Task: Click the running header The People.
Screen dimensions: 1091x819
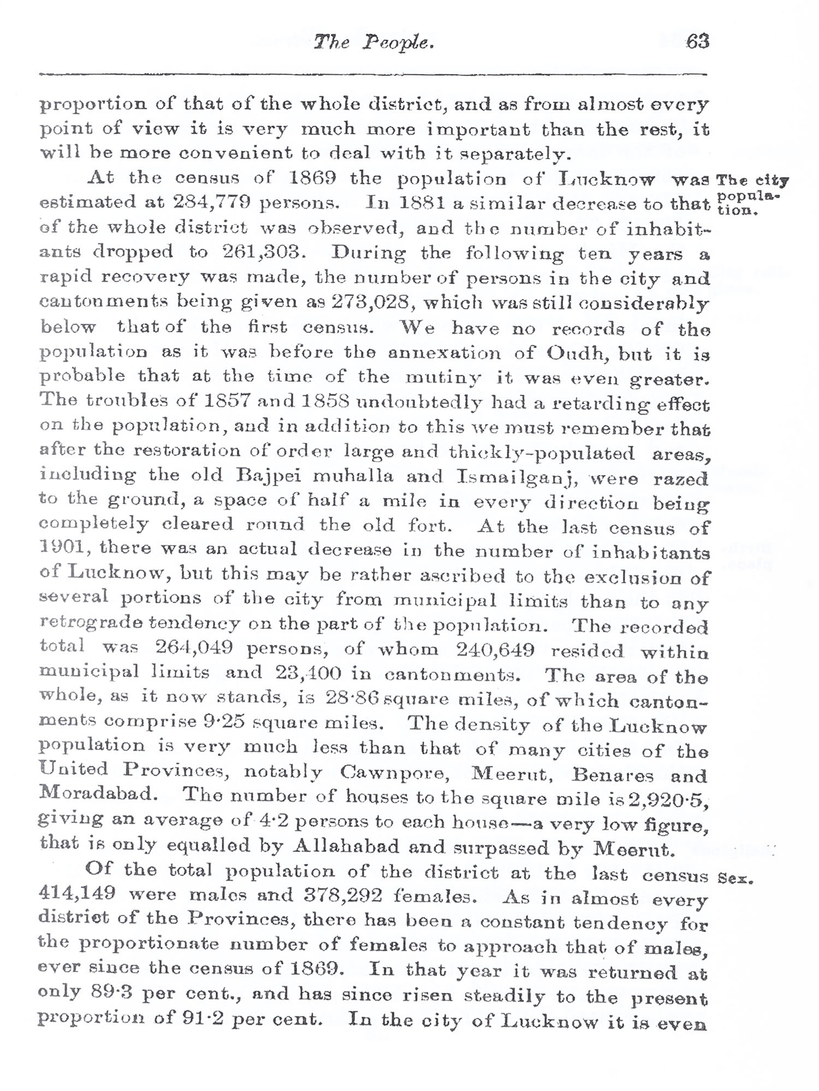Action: pyautogui.click(x=374, y=43)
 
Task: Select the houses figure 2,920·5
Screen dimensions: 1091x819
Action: pyautogui.click(x=661, y=800)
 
